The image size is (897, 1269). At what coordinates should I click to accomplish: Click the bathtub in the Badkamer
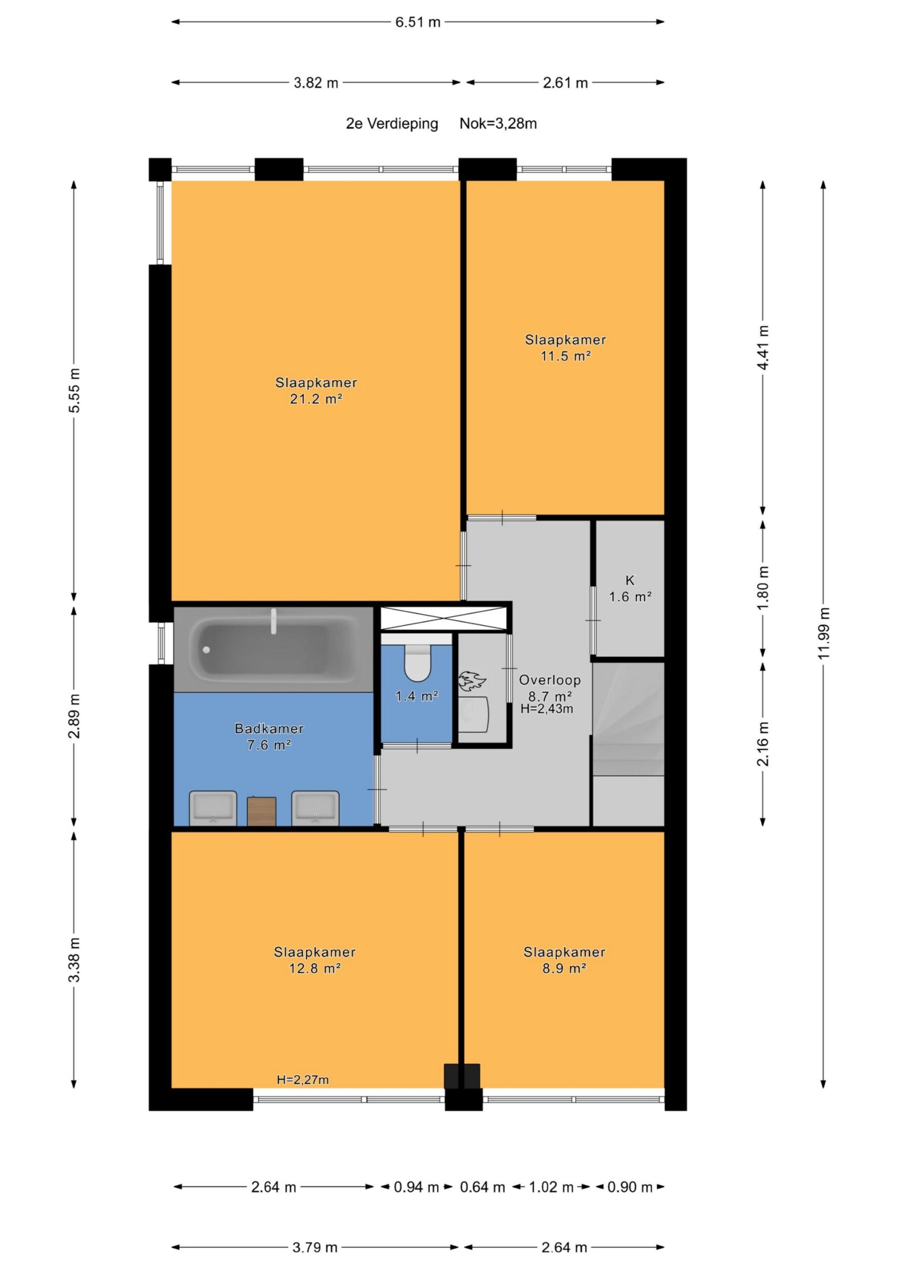tap(274, 649)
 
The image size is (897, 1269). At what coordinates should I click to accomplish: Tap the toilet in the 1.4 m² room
tap(417, 662)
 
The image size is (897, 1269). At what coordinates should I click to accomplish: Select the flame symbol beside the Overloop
tap(471, 681)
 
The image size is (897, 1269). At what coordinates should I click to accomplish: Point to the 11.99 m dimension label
tap(824, 634)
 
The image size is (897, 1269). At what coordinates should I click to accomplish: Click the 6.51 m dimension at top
tap(417, 22)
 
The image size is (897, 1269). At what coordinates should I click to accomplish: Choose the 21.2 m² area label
tap(316, 399)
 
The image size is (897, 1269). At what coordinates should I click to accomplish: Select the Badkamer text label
tap(269, 729)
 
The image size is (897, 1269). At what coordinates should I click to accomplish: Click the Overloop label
tap(550, 681)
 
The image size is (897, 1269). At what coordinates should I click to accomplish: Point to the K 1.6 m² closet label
tap(630, 588)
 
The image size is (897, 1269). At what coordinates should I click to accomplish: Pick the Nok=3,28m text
tap(498, 124)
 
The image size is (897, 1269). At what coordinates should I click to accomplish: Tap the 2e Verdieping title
tap(392, 124)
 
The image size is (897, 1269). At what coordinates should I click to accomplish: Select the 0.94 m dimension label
tap(416, 1187)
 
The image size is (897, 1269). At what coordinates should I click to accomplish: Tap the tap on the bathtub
tap(273, 621)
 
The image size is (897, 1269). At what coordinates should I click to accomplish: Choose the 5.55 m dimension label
tap(74, 390)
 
